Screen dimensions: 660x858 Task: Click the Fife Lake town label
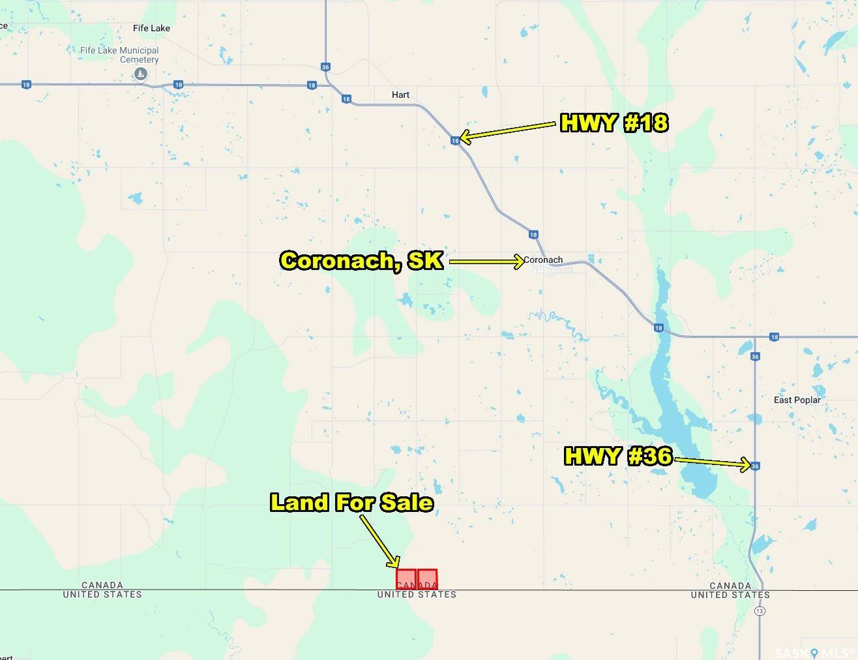click(151, 28)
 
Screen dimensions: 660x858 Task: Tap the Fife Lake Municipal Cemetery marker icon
click(140, 75)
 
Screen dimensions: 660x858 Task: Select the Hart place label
click(400, 95)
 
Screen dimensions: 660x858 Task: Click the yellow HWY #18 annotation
click(614, 123)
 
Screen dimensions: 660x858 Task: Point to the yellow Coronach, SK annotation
click(362, 261)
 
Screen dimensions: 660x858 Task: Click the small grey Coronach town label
click(544, 260)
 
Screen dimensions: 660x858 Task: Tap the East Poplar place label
click(797, 400)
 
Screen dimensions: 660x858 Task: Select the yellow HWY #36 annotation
click(617, 456)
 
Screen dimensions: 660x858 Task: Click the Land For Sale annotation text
click(351, 502)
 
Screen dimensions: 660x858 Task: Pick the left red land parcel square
click(406, 579)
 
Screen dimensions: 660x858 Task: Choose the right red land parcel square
click(428, 579)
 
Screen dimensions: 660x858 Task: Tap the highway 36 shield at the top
click(326, 67)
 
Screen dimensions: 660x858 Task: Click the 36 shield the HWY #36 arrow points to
click(755, 466)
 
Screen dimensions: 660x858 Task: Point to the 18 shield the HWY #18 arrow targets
click(455, 140)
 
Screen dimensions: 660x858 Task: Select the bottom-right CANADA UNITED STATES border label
click(730, 590)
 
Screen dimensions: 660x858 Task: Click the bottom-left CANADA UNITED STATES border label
click(102, 590)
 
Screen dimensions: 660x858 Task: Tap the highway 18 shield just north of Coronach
click(533, 235)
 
